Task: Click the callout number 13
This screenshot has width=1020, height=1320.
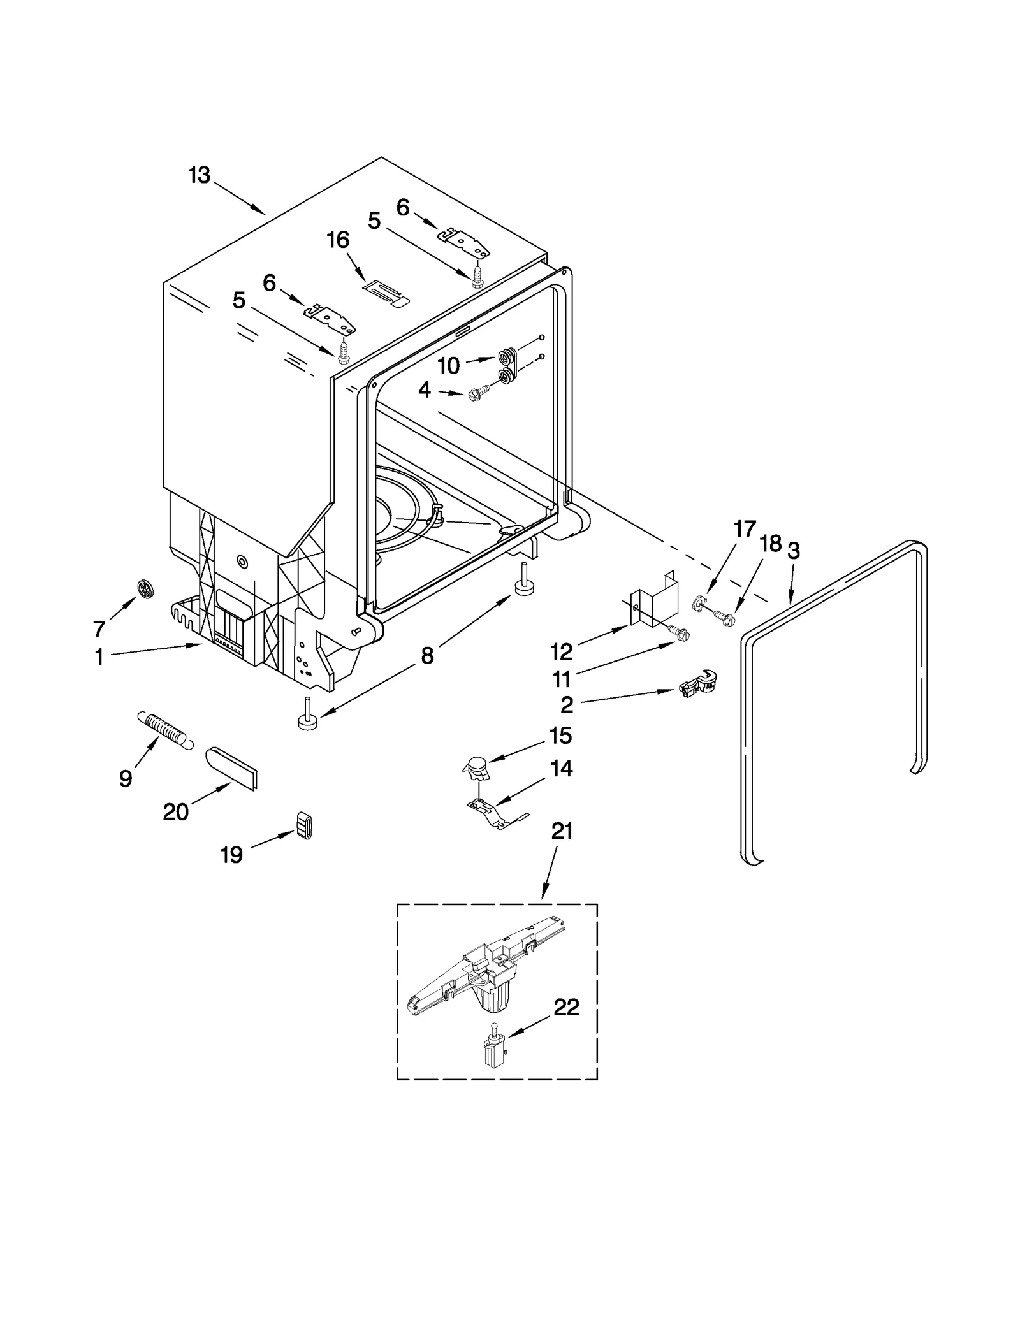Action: point(199,175)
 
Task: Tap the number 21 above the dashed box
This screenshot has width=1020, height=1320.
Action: point(561,831)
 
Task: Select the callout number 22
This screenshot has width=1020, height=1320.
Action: point(566,1008)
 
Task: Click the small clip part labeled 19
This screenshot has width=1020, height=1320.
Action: point(305,826)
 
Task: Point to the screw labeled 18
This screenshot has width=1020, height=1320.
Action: point(725,616)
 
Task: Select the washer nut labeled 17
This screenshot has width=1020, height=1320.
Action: point(700,601)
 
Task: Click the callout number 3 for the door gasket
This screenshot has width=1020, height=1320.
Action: point(793,551)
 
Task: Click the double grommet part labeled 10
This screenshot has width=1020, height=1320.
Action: point(506,367)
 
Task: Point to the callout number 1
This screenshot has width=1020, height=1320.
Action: point(99,657)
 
